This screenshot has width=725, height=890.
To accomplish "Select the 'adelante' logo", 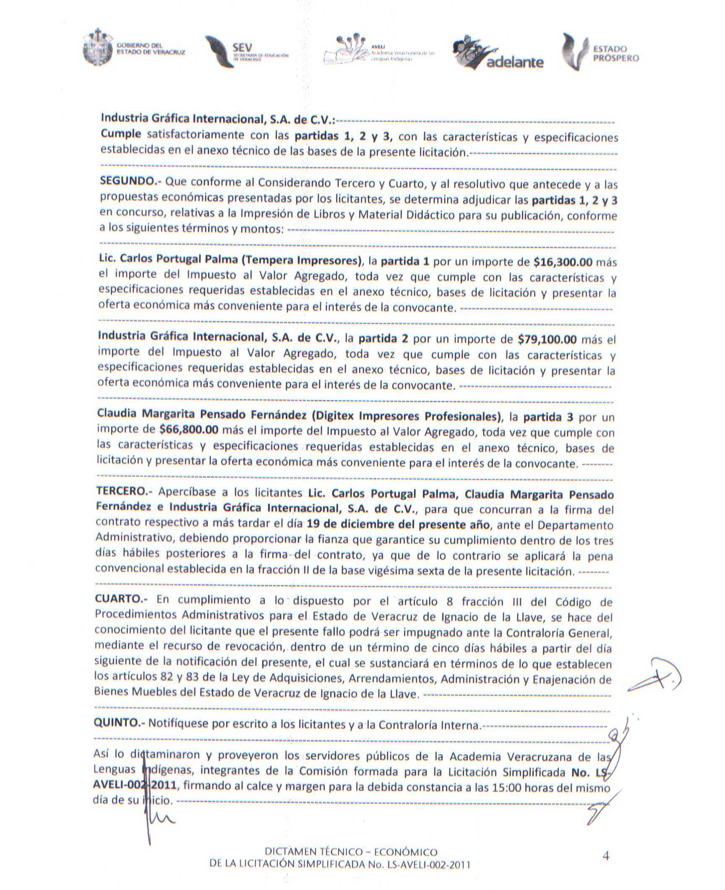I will pyautogui.click(x=499, y=54).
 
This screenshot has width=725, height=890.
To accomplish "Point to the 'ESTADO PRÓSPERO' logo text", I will pyautogui.click(x=615, y=54).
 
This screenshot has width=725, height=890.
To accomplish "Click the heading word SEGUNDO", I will pyautogui.click(x=127, y=181).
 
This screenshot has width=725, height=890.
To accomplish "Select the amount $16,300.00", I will pyautogui.click(x=563, y=262).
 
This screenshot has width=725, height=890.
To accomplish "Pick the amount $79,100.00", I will pyautogui.click(x=547, y=339).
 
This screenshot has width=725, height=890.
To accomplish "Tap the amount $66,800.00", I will pyautogui.click(x=189, y=429).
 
